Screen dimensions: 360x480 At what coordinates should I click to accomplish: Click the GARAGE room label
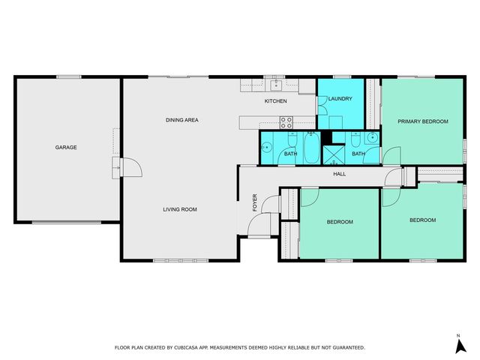(66, 148)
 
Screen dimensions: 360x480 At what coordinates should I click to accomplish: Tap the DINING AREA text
(181, 120)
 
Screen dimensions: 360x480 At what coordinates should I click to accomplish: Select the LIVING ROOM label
(180, 209)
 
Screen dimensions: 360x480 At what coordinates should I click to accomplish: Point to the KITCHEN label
(276, 101)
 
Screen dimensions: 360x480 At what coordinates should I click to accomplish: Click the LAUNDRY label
(339, 98)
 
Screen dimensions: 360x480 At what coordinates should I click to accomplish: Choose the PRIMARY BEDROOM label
(423, 121)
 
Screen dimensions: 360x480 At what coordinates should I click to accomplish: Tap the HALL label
(339, 174)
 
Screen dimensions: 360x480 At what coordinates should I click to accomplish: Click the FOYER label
(255, 203)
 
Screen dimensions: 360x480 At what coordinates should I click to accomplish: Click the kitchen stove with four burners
(286, 121)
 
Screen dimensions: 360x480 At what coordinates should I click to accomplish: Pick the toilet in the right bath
(372, 139)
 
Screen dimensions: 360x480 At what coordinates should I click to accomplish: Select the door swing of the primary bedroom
(391, 154)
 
